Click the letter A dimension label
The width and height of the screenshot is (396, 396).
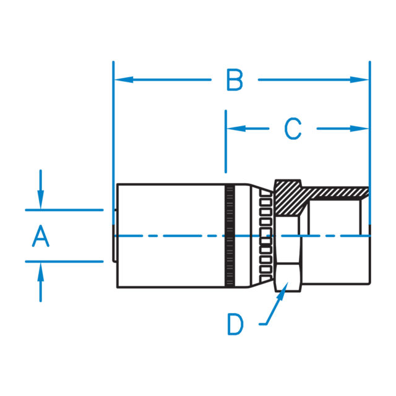tap(40, 236)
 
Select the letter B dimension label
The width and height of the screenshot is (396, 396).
tap(235, 80)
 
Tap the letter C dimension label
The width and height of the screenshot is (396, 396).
tap(293, 129)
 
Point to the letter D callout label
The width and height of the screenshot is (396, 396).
tap(235, 324)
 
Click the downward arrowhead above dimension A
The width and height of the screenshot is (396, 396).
tap(40, 202)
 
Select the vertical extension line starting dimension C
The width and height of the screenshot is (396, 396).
tap(226, 142)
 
